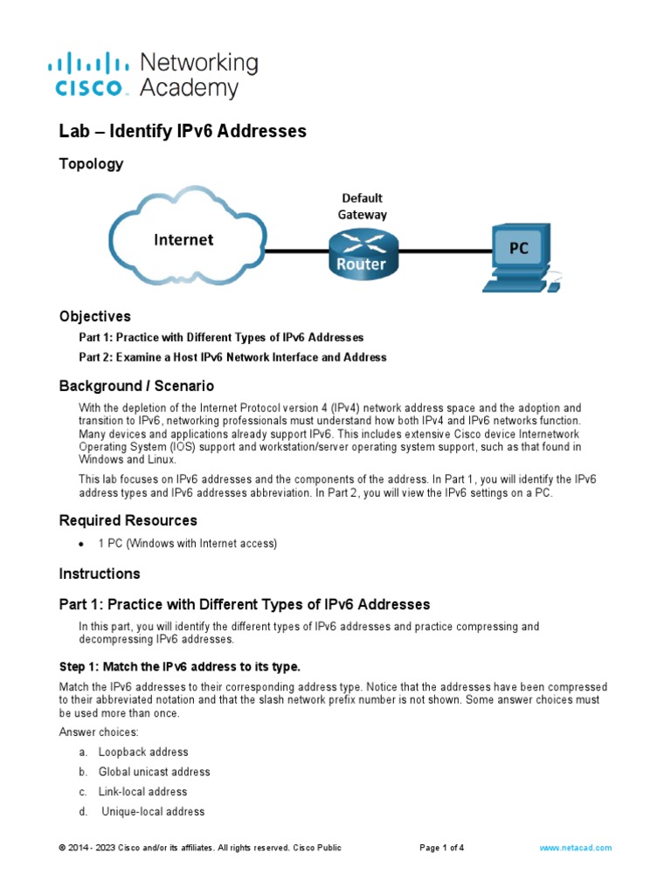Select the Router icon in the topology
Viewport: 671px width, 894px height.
click(362, 252)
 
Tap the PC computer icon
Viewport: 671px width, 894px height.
click(519, 256)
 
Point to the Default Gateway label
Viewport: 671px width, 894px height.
click(362, 206)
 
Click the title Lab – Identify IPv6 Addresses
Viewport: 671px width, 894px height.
click(183, 132)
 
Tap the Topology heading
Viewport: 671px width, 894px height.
click(91, 164)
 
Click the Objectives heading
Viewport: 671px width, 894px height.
click(94, 316)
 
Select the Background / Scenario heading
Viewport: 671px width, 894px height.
click(136, 385)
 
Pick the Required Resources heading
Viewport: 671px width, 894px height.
click(128, 520)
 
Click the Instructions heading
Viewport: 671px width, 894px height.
click(100, 574)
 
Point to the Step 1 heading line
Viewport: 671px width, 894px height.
click(179, 667)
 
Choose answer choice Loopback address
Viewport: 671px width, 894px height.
click(142, 752)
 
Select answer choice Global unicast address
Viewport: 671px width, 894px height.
click(154, 772)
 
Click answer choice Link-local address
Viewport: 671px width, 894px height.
click(142, 792)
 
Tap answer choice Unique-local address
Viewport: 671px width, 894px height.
click(153, 812)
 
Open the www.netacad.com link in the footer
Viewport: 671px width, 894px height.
click(575, 848)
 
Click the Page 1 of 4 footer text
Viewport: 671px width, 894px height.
click(442, 848)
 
